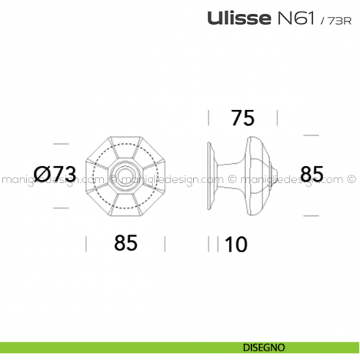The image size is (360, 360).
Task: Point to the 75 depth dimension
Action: [x=244, y=118]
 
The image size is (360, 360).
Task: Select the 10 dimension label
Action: [x=236, y=244]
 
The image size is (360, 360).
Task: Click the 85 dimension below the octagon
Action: [x=126, y=244]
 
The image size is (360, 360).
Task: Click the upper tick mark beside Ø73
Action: [x=59, y=143]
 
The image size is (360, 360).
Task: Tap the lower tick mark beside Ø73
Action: [x=59, y=208]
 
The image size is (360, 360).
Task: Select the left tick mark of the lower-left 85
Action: [x=87, y=244]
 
